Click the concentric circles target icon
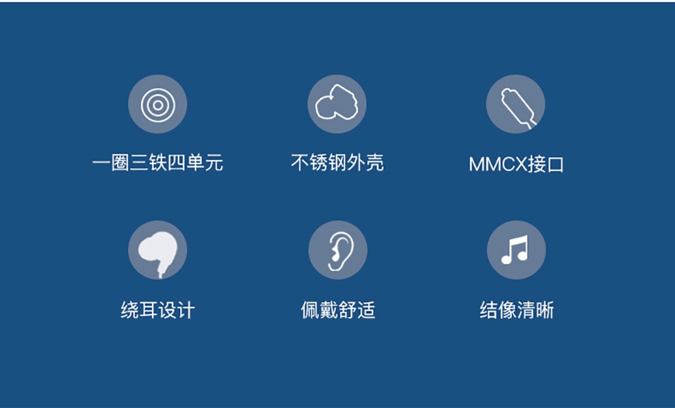click(158, 105)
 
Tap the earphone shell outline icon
click(337, 102)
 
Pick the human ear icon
click(340, 251)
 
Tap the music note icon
click(515, 250)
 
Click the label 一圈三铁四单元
click(157, 163)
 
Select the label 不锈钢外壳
click(337, 163)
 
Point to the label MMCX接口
click(516, 164)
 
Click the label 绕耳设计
click(157, 310)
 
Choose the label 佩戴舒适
click(338, 310)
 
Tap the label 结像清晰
click(517, 310)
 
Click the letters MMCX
click(497, 165)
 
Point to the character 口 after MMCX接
click(555, 165)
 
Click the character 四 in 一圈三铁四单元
click(176, 163)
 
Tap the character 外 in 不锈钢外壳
click(356, 163)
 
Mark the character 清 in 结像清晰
click(526, 310)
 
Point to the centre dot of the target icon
click(158, 105)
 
